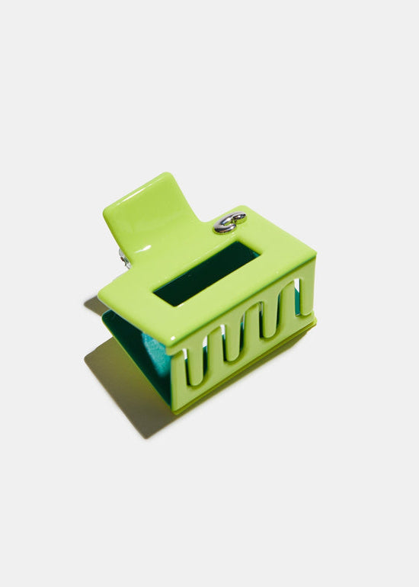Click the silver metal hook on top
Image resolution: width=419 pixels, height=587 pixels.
point(229,222)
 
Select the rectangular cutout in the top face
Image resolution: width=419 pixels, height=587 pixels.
point(206,273)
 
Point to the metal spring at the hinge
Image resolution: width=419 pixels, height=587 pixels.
point(123,257)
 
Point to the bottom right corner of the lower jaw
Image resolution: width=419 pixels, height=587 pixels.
point(312,324)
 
